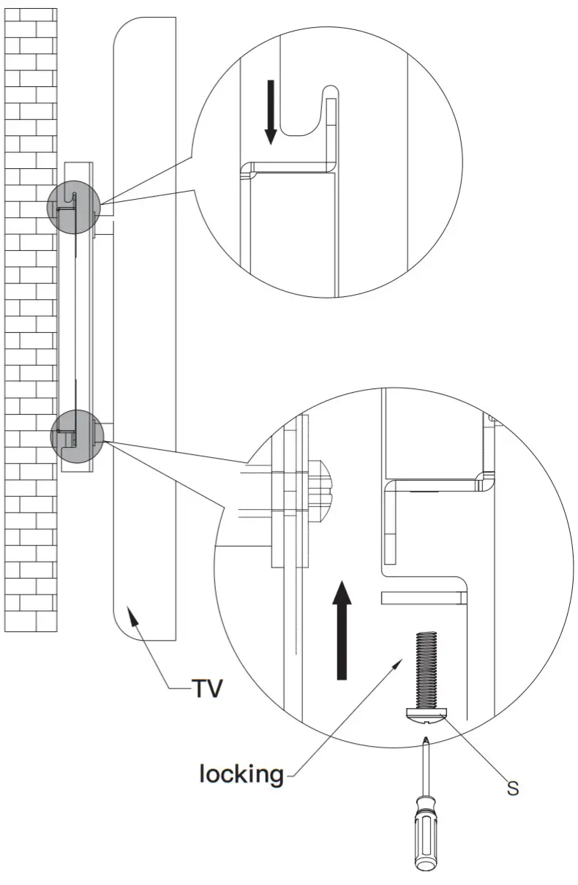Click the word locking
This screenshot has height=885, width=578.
[x=241, y=773]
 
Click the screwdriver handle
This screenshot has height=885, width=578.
[x=426, y=834]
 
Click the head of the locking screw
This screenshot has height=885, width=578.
[x=425, y=715]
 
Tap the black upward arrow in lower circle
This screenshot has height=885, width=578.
[x=341, y=629]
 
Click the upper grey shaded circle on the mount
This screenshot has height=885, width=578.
[x=74, y=204]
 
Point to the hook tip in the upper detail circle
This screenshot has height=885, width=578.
[x=331, y=91]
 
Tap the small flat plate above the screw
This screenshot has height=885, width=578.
[x=424, y=598]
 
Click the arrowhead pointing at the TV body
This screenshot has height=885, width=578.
[x=132, y=616]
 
